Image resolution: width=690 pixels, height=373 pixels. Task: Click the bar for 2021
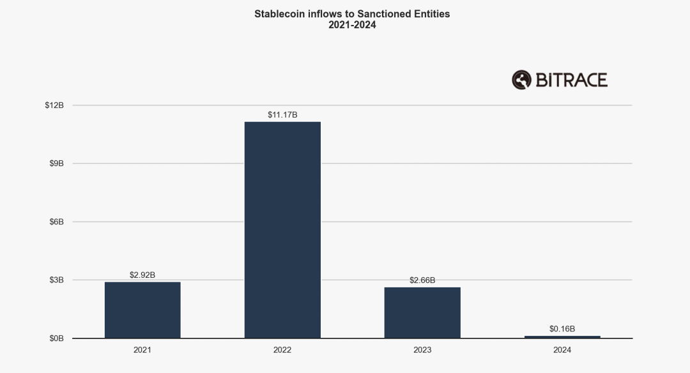point(142,310)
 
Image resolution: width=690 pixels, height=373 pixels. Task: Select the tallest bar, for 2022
point(282,230)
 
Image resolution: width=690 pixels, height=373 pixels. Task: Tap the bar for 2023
point(422,312)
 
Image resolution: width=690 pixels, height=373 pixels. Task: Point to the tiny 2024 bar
point(562,337)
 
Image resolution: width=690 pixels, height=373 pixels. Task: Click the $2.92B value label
point(142,275)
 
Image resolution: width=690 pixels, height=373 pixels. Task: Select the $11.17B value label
point(282,115)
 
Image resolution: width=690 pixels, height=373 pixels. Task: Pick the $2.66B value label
point(422,280)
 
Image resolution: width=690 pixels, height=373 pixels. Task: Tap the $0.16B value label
point(562,329)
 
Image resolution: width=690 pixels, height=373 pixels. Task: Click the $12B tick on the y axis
point(55,105)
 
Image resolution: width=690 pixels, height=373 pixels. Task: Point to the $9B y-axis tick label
point(57,164)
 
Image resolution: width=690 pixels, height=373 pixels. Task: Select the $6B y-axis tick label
point(57,222)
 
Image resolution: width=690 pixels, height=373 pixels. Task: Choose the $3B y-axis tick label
point(57,280)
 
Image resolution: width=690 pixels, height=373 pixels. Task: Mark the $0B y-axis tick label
point(57,339)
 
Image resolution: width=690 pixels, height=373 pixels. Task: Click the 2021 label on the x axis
point(142,350)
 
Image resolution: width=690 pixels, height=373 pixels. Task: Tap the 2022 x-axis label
point(282,350)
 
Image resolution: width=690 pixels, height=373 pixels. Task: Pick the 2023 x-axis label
point(422,350)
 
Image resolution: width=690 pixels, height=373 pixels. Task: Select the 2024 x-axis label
point(562,350)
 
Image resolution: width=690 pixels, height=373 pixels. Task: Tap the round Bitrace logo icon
point(521,80)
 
